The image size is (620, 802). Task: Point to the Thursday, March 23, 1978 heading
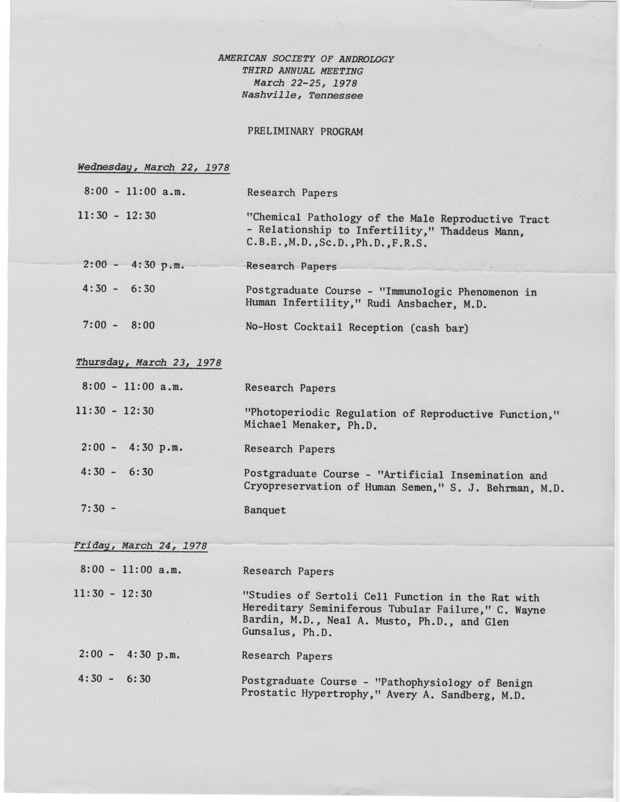tap(149, 363)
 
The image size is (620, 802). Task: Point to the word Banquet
tap(265, 510)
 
